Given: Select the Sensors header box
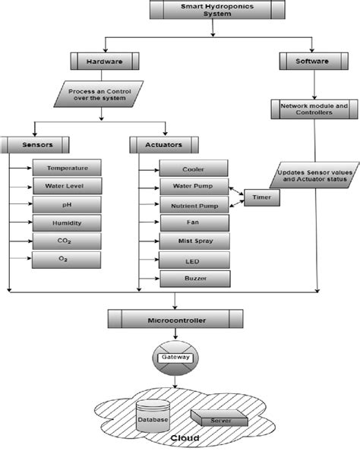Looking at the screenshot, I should [36, 142].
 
